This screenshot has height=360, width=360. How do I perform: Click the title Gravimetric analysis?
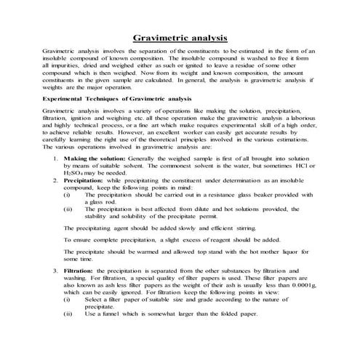pyautogui.click(x=181, y=37)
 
